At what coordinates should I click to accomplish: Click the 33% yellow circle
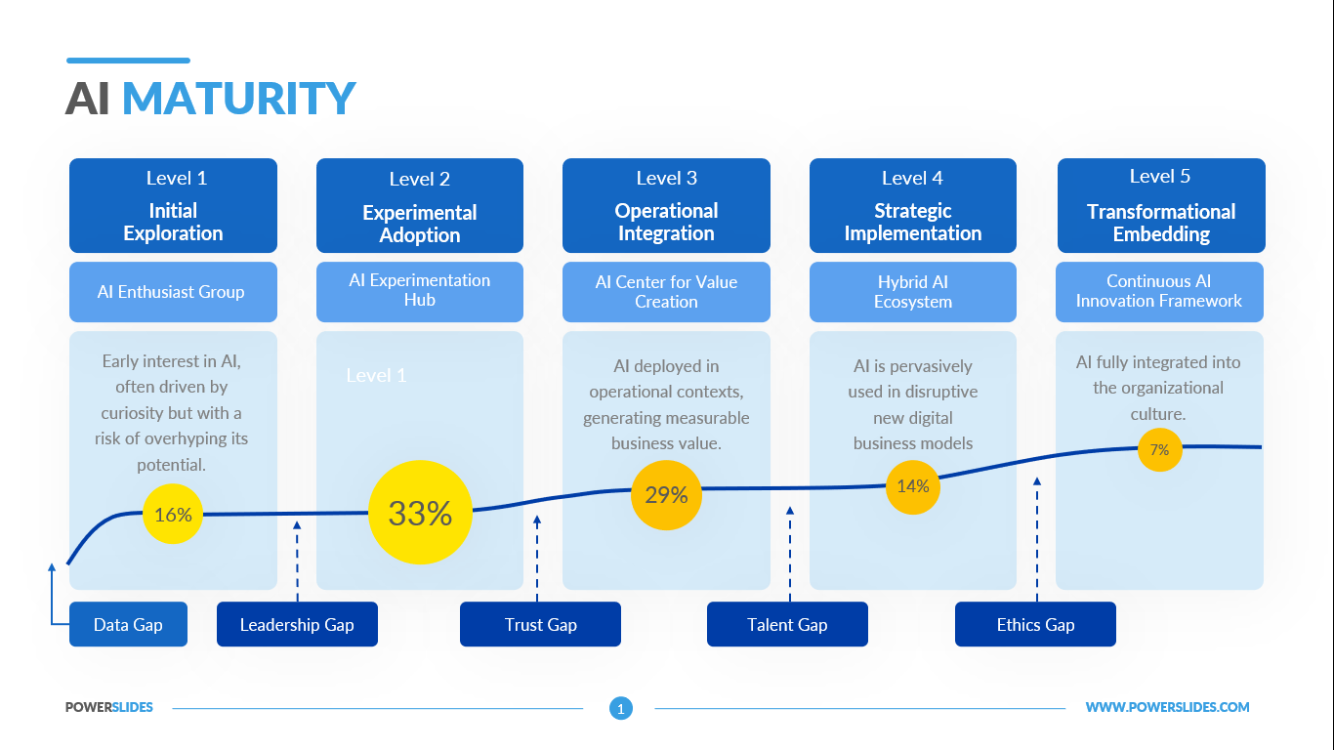[x=420, y=513]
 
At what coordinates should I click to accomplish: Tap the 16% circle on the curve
[x=173, y=514]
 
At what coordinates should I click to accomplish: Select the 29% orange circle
[x=666, y=495]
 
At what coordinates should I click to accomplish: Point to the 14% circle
[x=913, y=485]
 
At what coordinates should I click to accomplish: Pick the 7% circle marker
[x=1160, y=450]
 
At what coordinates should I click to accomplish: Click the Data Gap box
[x=128, y=625]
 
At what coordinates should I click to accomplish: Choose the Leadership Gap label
[x=297, y=625]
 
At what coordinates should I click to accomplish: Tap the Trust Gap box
[x=540, y=625]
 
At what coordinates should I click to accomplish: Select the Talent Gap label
[x=787, y=625]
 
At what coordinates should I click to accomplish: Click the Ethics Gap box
[x=1035, y=625]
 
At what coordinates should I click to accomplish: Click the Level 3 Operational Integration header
[x=666, y=206]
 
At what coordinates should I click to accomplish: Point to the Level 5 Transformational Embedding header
[x=1160, y=206]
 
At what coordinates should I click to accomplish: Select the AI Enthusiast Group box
[x=173, y=292]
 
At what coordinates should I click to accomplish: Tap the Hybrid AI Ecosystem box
[x=913, y=292]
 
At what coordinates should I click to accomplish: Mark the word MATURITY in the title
[x=238, y=99]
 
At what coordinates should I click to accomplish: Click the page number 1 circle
[x=621, y=708]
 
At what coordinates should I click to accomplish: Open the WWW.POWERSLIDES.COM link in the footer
[x=1167, y=708]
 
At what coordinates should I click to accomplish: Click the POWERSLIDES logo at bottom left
[x=109, y=708]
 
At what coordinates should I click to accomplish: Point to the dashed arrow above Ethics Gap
[x=1037, y=537]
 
